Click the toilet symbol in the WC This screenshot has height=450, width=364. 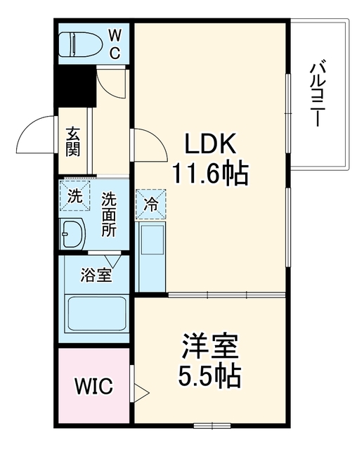[x=81, y=44]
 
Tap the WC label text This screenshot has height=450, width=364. [x=115, y=44]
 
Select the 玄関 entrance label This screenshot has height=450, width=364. [x=73, y=142]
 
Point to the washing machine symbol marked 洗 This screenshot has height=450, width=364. [x=74, y=195]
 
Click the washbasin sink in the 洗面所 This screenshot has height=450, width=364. [x=72, y=233]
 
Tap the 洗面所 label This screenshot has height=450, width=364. [x=109, y=214]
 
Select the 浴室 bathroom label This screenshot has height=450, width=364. [x=96, y=275]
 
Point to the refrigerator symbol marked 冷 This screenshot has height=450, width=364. [x=151, y=204]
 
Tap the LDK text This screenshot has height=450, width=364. [x=210, y=143]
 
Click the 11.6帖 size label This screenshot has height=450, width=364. [x=209, y=174]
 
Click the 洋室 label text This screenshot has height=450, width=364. [x=210, y=347]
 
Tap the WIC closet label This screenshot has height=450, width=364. [x=93, y=386]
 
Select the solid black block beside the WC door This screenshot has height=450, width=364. [x=76, y=86]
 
